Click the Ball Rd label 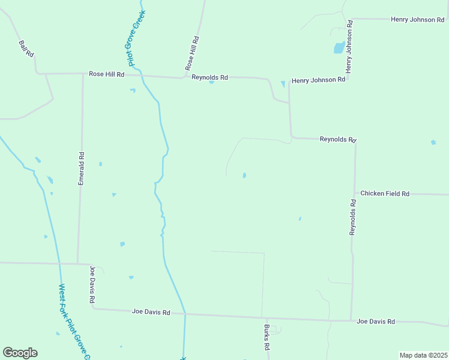pos(26,49)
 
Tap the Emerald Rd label pos(82,169)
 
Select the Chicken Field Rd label pos(385,194)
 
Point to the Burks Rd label pos(267,337)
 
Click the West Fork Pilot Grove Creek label pos(74,322)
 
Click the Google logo pos(20,353)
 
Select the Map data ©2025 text pos(423,355)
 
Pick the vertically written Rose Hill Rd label pos(191,53)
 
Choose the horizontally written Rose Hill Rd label pos(106,74)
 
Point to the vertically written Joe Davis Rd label pos(92,284)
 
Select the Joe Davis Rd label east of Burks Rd pos(376,322)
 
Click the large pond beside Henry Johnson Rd pos(339,47)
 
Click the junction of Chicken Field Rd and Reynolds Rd pos(355,194)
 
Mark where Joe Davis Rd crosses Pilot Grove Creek pos(185,314)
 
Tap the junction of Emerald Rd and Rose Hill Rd pos(83,74)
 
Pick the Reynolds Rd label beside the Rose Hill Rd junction pos(210,77)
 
